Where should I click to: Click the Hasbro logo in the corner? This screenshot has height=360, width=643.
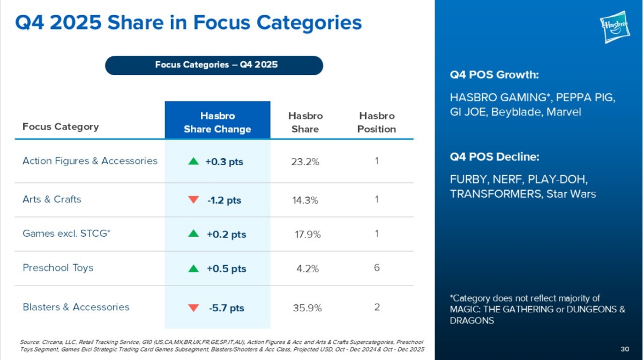click(615, 27)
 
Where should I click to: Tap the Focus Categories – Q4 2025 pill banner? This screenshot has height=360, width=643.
click(214, 65)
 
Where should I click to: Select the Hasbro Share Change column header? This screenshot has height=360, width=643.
click(218, 123)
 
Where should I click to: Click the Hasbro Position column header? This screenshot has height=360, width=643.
click(377, 123)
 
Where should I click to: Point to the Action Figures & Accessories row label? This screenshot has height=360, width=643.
click(90, 161)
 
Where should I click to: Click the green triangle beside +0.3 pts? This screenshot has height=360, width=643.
click(193, 161)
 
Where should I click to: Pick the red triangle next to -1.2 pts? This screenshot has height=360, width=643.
click(193, 199)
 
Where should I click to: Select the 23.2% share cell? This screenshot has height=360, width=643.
click(305, 162)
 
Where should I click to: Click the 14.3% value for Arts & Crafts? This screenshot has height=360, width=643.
click(305, 200)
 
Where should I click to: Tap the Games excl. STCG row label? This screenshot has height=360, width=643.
click(66, 234)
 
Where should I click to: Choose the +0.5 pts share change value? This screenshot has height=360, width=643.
click(227, 269)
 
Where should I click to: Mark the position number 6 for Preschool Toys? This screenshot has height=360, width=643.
click(377, 268)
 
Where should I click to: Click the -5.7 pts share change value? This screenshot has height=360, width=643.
click(227, 308)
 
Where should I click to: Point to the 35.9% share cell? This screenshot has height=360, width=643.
click(307, 308)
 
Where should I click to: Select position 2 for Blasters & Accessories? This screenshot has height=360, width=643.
click(377, 307)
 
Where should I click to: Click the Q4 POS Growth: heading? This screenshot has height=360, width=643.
click(494, 74)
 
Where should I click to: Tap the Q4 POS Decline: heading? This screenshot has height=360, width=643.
click(495, 157)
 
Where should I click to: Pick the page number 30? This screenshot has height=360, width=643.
click(625, 349)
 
